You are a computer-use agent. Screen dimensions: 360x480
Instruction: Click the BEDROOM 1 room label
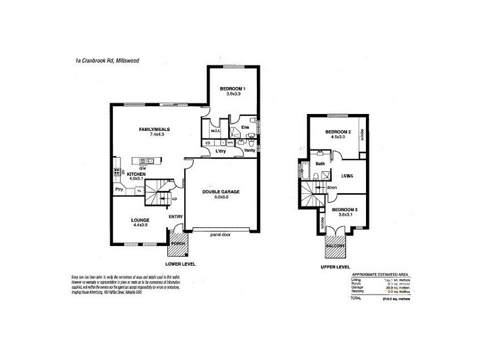click(232, 89)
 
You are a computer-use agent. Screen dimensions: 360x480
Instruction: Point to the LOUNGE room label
click(140, 220)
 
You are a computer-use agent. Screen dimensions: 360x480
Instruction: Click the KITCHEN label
click(136, 174)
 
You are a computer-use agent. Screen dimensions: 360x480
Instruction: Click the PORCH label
click(178, 244)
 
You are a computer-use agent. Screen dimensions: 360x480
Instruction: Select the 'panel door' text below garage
click(221, 235)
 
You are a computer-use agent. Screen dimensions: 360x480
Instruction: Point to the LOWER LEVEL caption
click(181, 264)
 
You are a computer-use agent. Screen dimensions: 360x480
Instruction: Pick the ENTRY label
click(176, 217)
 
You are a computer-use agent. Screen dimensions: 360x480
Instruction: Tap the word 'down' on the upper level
click(332, 187)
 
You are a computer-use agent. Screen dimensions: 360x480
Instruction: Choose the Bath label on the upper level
click(320, 163)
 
